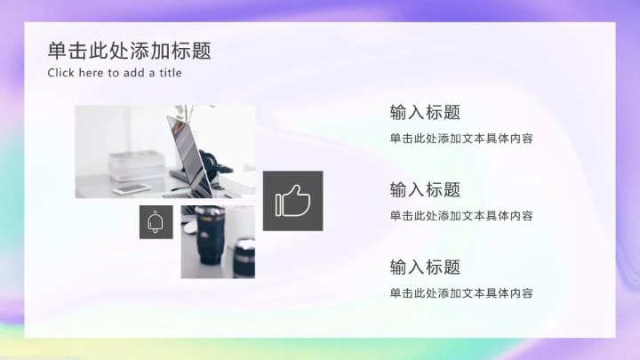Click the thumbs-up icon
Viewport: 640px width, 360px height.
(292, 202)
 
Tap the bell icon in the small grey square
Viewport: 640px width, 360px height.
(156, 222)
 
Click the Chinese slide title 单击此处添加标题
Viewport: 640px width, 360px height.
(130, 51)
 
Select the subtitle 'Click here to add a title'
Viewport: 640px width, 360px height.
(115, 73)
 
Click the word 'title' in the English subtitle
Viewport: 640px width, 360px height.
(171, 73)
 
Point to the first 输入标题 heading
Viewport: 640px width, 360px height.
(425, 113)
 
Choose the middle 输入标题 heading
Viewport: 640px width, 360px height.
(425, 189)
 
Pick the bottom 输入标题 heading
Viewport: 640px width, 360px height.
(425, 267)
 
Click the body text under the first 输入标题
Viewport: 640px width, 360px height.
(461, 139)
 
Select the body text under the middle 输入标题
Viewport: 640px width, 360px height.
(461, 215)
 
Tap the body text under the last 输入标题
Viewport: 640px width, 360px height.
(461, 292)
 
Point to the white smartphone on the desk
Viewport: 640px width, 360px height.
(132, 188)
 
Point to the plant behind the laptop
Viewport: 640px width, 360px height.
(184, 113)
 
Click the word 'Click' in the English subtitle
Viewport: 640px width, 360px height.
(61, 73)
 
